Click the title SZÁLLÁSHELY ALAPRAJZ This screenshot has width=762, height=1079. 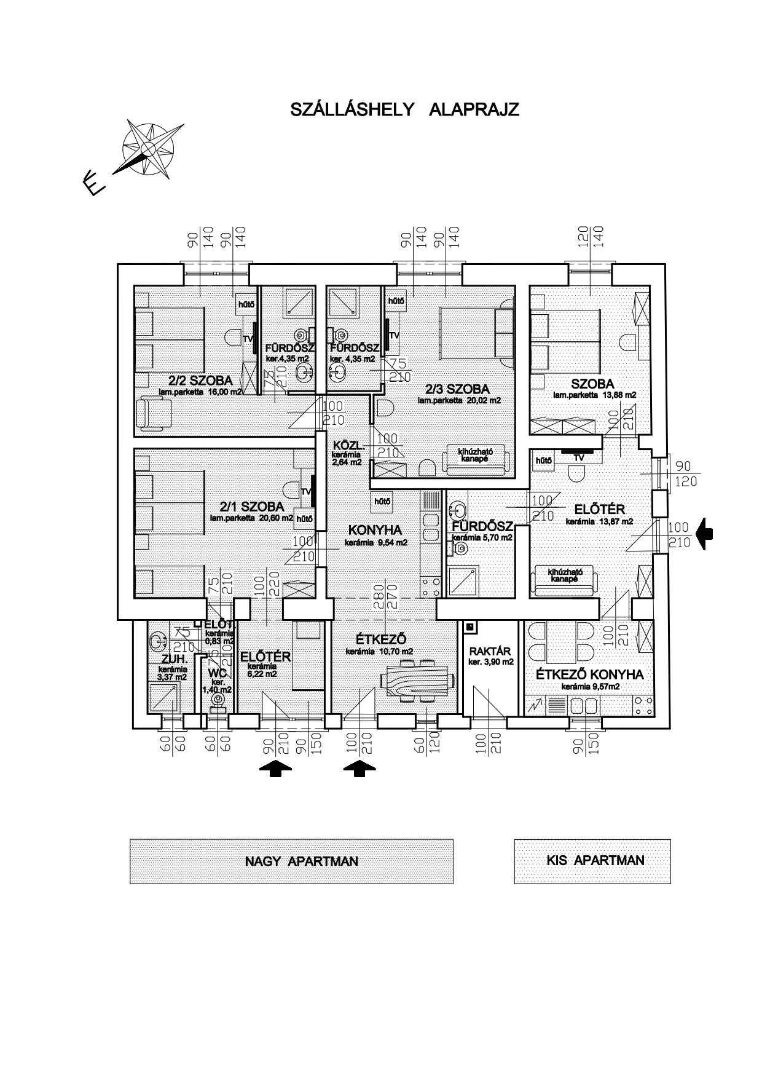pyautogui.click(x=404, y=110)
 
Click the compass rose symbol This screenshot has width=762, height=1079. pyautogui.click(x=148, y=149)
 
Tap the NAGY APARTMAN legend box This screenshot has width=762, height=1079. pyautogui.click(x=291, y=861)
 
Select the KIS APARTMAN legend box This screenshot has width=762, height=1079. pyautogui.click(x=592, y=860)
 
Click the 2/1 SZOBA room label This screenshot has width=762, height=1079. pyautogui.click(x=252, y=507)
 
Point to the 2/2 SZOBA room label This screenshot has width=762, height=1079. pyautogui.click(x=200, y=381)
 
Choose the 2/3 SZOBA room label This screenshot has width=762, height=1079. pyautogui.click(x=457, y=389)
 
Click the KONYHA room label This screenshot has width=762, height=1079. pyautogui.click(x=374, y=530)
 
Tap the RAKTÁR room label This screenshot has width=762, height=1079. pyautogui.click(x=490, y=651)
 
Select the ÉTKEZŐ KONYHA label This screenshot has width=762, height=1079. pyautogui.click(x=589, y=674)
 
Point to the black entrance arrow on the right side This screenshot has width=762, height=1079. pyautogui.click(x=706, y=533)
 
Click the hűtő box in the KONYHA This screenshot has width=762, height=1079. pyautogui.click(x=381, y=501)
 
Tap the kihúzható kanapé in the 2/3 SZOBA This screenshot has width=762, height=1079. pyautogui.click(x=476, y=458)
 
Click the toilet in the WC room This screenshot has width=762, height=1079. pyautogui.click(x=217, y=699)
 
